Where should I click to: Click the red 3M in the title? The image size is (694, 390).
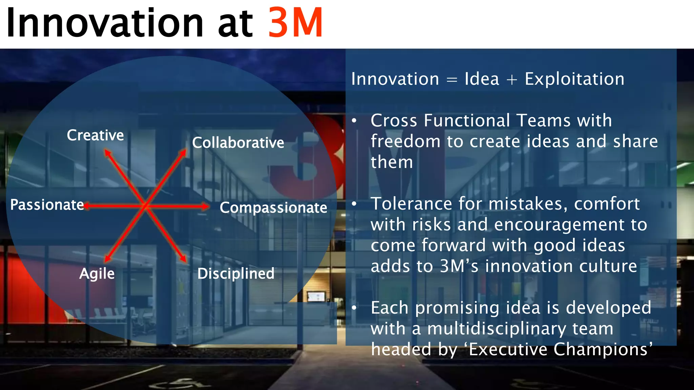[295, 23]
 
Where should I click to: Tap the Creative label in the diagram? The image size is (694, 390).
[95, 135]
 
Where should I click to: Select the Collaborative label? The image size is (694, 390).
[238, 143]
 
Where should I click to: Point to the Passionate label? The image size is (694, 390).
[47, 205]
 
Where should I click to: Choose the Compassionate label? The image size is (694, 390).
[273, 208]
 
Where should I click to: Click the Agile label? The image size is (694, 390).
[97, 274]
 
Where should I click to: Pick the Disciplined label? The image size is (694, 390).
[236, 274]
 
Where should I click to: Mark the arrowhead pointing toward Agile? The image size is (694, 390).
[107, 259]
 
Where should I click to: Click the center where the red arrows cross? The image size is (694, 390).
[145, 205]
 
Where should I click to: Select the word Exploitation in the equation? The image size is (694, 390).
[574, 79]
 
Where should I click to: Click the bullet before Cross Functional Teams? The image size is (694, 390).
[354, 121]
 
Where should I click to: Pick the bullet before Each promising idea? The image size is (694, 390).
[354, 308]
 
